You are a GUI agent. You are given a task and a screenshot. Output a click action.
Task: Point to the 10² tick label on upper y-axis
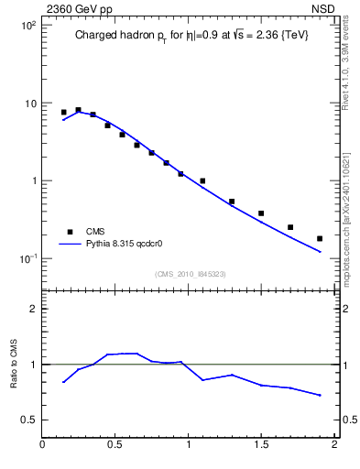point(27,26)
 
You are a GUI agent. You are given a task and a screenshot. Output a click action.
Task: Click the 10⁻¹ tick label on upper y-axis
point(27,258)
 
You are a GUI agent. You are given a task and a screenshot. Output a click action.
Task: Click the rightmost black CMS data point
point(320,238)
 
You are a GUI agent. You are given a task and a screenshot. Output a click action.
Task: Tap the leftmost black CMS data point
point(63,112)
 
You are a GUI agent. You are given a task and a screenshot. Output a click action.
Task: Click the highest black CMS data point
point(78,110)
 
